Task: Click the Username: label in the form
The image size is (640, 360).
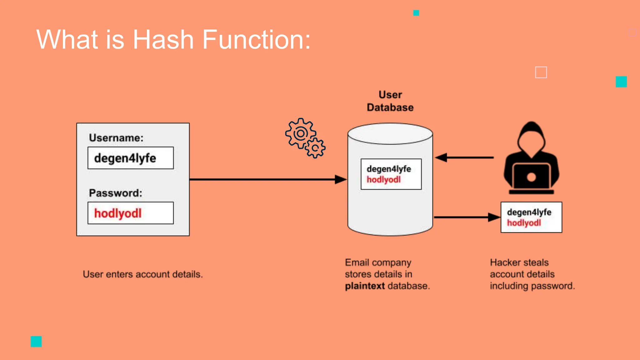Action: click(116, 138)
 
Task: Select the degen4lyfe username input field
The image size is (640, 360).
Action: click(131, 158)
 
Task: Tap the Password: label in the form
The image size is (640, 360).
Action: click(115, 193)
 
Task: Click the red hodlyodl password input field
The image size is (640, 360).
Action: click(131, 213)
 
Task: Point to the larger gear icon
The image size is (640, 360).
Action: click(300, 133)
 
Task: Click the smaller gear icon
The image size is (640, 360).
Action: click(315, 148)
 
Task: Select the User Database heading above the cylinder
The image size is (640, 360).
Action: click(390, 101)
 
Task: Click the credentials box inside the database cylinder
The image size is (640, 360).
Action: click(391, 174)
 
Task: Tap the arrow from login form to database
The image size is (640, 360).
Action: click(266, 179)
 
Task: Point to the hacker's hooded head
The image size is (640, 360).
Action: click(531, 137)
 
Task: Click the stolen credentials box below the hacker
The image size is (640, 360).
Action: click(531, 217)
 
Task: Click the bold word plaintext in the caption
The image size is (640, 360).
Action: click(365, 286)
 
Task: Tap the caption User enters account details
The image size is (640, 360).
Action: click(143, 274)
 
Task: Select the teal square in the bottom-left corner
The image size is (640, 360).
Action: click(36, 341)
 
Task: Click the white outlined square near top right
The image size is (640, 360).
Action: click(541, 72)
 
